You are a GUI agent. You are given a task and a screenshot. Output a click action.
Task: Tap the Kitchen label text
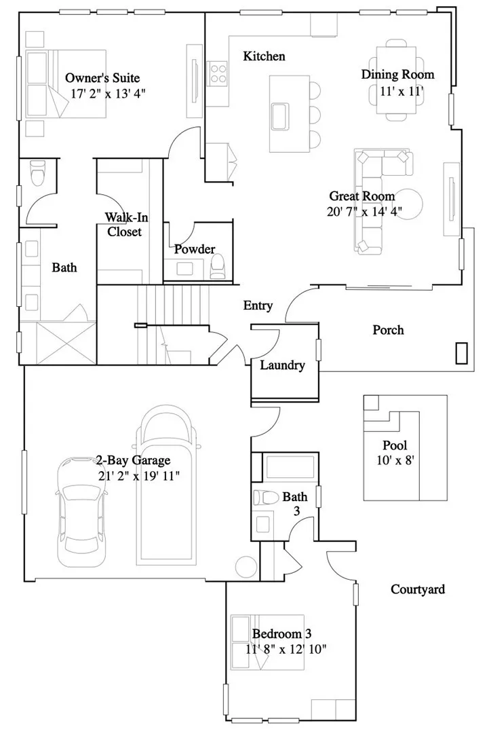coord(264,56)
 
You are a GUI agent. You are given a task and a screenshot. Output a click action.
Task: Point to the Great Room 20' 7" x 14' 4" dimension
coord(364,211)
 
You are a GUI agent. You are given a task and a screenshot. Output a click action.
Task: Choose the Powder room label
coord(194,249)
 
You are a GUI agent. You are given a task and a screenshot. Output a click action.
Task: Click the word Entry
coord(258,306)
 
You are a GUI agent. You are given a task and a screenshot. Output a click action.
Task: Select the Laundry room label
coord(282,365)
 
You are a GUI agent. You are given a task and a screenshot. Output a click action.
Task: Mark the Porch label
coord(388,330)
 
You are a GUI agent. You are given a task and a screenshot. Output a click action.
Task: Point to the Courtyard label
coord(418,589)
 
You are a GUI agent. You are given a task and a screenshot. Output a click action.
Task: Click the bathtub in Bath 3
coord(285,468)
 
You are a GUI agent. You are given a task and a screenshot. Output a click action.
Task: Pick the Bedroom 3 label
coord(281,634)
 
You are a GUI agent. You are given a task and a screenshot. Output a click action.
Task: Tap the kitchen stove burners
coord(217,72)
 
